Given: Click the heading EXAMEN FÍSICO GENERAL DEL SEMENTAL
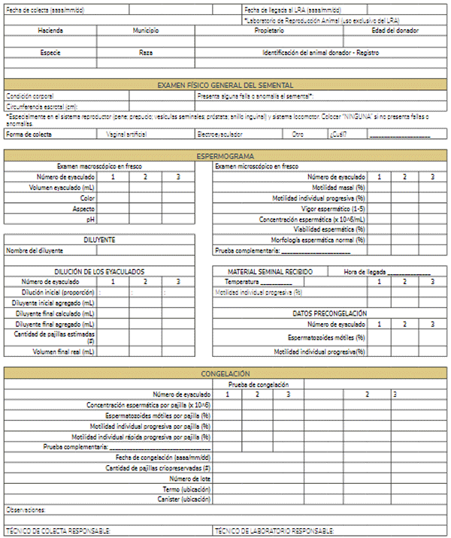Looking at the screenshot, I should (225, 85).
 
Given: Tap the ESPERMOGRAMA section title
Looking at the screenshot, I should (225, 156).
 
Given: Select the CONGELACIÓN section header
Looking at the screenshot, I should (225, 373).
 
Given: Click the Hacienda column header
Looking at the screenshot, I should (50, 31).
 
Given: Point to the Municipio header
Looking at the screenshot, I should (146, 31).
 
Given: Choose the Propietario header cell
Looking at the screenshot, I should (269, 31).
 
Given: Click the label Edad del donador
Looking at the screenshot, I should (395, 31).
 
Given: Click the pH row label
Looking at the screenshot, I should (89, 219).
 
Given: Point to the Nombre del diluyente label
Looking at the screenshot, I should (35, 250).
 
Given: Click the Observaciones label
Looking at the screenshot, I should (26, 509).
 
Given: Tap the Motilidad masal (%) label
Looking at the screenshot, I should (339, 186).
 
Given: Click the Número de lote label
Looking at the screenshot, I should (189, 478).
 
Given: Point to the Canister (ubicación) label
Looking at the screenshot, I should (184, 498).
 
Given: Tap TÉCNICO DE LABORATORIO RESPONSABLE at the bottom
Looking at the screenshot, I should (275, 530).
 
